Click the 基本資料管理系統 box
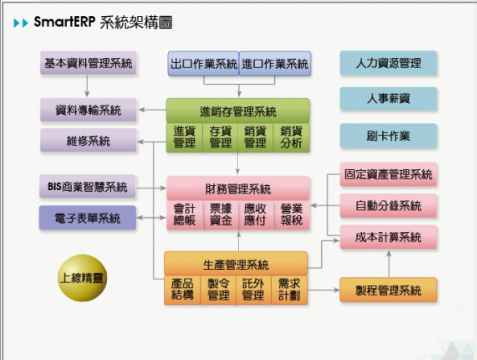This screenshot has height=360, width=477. coord(89,64)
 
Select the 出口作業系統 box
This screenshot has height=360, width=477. coord(204,64)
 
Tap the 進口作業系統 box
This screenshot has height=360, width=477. coord(275,64)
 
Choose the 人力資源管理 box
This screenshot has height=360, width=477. coord(388,64)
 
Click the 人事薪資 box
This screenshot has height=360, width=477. coord(388,98)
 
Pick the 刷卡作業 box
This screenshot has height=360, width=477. coord(388,134)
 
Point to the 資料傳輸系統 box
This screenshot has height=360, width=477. coord(88,110)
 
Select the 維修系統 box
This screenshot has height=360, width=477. coord(88,141)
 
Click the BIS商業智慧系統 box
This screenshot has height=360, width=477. coord(88,186)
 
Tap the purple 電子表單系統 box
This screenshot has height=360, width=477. coord(88,217)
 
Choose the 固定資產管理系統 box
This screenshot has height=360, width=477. coord(389,175)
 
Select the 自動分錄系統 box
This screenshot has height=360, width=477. coord(389,206)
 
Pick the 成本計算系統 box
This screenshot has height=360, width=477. coord(389,237)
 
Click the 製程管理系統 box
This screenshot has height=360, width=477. coord(389,290)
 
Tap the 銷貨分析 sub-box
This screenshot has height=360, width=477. coord(291,136)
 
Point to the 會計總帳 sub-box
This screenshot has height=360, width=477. coord(184,216)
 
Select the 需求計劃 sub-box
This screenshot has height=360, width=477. coord(290,289)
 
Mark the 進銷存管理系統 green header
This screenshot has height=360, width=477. coord(238,110)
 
